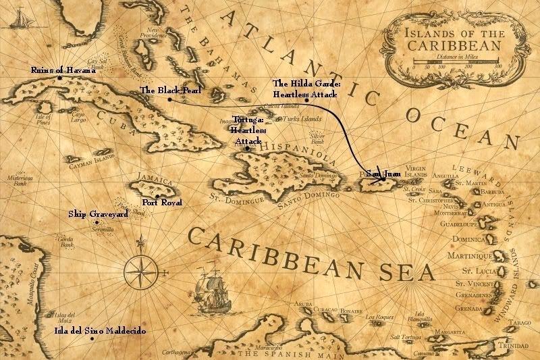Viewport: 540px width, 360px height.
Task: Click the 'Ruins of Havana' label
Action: coord(63,70)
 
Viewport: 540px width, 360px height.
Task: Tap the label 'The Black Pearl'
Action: coord(166,90)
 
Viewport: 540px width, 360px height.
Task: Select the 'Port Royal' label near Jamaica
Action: coord(163,202)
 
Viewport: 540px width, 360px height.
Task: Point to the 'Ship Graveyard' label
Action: coord(98,214)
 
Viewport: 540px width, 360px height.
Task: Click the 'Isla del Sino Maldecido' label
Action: coord(99,331)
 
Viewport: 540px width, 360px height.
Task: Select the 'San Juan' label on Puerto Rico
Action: coord(383,174)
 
